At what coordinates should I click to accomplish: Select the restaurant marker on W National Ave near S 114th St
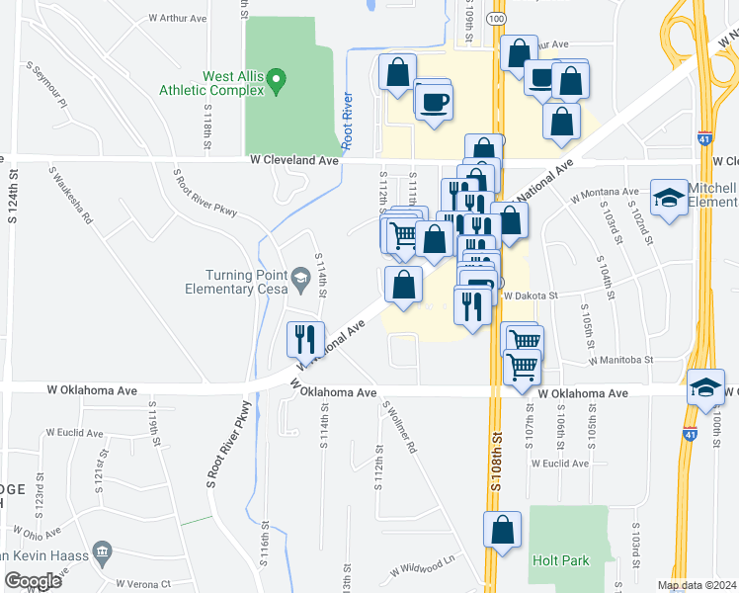tap(303, 339)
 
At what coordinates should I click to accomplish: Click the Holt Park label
tap(560, 560)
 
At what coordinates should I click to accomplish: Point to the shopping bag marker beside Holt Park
tap(502, 530)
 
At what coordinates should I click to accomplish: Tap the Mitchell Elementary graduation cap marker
tap(669, 197)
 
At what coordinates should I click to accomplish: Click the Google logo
tap(32, 581)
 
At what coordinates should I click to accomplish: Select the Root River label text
tap(348, 121)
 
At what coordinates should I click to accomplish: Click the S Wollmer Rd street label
tap(401, 431)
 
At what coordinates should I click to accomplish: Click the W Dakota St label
tap(532, 295)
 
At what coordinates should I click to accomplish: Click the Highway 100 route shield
tap(496, 19)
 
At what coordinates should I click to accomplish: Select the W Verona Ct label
tap(143, 584)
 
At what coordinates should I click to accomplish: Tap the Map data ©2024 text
tap(697, 585)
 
